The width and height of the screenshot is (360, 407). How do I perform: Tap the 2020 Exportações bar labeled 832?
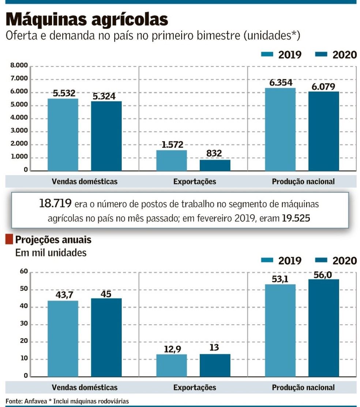pyautogui.click(x=215, y=165)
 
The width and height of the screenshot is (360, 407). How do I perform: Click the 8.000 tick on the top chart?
pyautogui.click(x=19, y=66)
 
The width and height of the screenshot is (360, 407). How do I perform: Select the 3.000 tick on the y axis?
pyautogui.click(x=19, y=131)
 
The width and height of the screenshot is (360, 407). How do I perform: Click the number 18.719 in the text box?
pyautogui.click(x=56, y=203)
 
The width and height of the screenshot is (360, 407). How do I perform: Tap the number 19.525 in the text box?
pyautogui.click(x=296, y=219)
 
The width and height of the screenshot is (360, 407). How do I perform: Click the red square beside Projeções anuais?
pyautogui.click(x=9, y=240)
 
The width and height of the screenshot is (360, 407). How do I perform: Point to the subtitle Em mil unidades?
pyautogui.click(x=51, y=253)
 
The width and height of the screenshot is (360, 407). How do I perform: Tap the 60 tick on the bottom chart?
pyautogui.click(x=24, y=271)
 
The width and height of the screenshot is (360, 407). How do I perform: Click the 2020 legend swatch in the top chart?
pyautogui.click(x=321, y=55)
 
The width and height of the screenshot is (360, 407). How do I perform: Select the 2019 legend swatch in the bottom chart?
pyautogui.click(x=267, y=260)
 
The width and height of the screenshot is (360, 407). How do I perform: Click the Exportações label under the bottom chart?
pyautogui.click(x=195, y=387)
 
